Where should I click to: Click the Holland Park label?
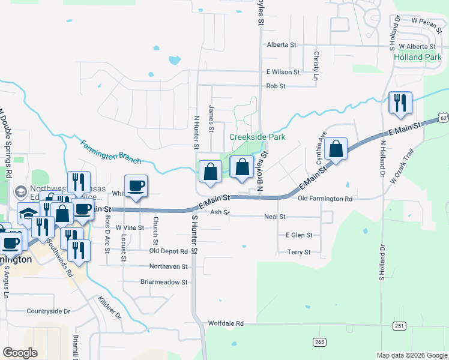(417, 58)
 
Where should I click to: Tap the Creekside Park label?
(257, 137)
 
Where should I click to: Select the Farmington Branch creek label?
(111, 152)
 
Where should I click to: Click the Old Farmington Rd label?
(325, 199)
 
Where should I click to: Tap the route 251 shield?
(399, 326)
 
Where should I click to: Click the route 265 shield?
(319, 341)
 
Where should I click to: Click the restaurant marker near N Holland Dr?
(399, 103)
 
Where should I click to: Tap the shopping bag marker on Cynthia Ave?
(336, 150)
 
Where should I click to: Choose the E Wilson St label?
(283, 72)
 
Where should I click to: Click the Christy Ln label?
(315, 65)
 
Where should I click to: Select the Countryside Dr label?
(48, 311)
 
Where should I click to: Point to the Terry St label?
(298, 253)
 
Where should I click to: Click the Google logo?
(20, 353)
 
